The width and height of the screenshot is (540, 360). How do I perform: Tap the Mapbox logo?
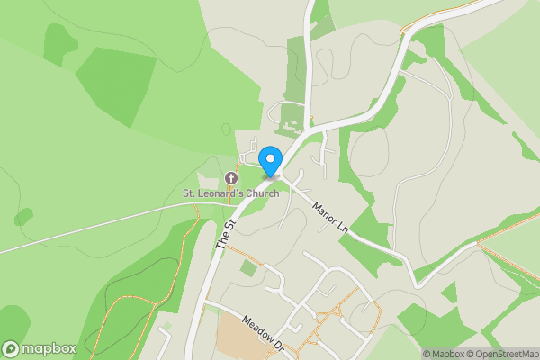(x=39, y=348)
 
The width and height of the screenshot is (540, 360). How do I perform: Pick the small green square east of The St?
(x=248, y=267)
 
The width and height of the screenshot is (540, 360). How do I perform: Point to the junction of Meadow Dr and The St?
(x=203, y=304)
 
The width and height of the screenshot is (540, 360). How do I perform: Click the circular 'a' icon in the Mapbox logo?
(x=11, y=348)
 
